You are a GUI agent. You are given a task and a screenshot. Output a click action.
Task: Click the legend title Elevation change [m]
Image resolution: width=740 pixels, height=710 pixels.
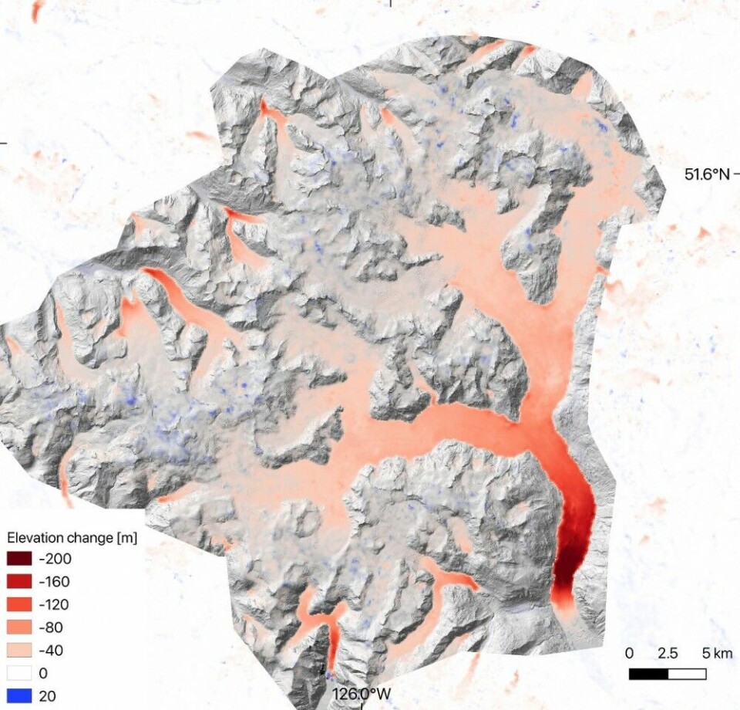click(72, 537)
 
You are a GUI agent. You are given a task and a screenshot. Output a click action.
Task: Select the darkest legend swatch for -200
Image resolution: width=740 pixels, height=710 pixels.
click(19, 560)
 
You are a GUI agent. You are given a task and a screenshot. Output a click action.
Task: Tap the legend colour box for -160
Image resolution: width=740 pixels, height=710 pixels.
click(19, 583)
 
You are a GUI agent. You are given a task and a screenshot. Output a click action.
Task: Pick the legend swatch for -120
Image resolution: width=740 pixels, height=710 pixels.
click(19, 605)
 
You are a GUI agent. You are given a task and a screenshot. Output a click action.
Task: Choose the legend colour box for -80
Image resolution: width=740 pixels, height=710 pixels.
click(19, 628)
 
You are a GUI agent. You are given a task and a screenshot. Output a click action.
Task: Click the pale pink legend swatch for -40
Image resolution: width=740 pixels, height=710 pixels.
click(19, 651)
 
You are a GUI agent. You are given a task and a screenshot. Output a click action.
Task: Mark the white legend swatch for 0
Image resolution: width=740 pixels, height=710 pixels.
click(19, 673)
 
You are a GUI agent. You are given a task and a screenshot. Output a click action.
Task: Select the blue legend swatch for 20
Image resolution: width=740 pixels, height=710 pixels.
click(19, 696)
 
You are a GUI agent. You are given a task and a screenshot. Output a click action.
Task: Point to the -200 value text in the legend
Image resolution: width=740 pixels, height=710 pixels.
click(51, 560)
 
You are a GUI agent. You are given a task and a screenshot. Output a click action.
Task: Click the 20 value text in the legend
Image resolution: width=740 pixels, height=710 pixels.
click(46, 696)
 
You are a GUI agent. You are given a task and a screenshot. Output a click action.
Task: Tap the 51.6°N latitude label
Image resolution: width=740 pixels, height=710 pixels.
click(706, 174)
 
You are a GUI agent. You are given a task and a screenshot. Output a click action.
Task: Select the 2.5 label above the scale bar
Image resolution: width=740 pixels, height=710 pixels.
click(668, 654)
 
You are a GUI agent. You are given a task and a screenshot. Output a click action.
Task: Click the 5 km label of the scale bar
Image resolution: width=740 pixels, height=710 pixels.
click(717, 654)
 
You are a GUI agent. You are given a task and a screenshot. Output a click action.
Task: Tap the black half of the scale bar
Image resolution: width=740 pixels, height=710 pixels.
click(648, 674)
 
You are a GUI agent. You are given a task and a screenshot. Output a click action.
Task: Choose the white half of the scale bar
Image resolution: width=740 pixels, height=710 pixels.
click(687, 674)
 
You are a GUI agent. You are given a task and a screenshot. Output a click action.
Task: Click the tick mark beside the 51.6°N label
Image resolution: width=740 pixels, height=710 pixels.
click(736, 174)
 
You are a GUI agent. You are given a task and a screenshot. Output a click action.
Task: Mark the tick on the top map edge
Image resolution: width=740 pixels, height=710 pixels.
click(391, 2)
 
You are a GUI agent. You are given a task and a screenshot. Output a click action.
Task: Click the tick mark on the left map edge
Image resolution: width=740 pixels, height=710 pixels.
click(2, 142)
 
